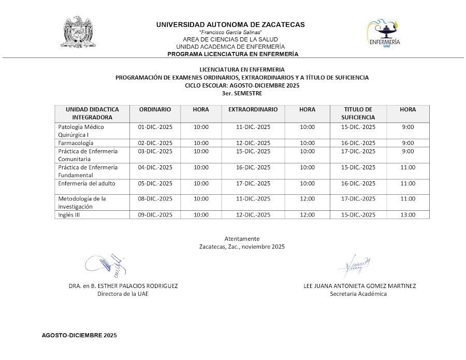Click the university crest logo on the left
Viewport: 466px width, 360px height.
(80, 33)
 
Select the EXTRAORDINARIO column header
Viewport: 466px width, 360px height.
(253, 110)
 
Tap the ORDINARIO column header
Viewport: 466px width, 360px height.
(155, 110)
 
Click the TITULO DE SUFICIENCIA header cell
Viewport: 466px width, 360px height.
(358, 113)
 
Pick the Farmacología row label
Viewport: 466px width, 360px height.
(76, 143)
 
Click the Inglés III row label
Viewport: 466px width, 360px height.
(69, 215)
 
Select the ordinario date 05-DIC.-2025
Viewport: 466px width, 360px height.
(155, 183)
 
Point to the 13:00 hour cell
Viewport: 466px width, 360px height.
(408, 215)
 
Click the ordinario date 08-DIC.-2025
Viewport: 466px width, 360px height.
(155, 198)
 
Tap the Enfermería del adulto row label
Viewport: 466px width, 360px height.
(87, 183)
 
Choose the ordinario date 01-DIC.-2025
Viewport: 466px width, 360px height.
(155, 127)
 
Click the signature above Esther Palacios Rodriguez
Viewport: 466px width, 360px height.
(107, 265)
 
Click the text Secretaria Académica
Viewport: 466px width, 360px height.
(358, 294)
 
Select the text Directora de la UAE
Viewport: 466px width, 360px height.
(123, 294)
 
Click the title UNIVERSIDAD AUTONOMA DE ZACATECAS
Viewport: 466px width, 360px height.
(230, 24)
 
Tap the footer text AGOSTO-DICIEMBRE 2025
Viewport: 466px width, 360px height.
(79, 336)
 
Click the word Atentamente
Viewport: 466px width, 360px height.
(242, 238)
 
